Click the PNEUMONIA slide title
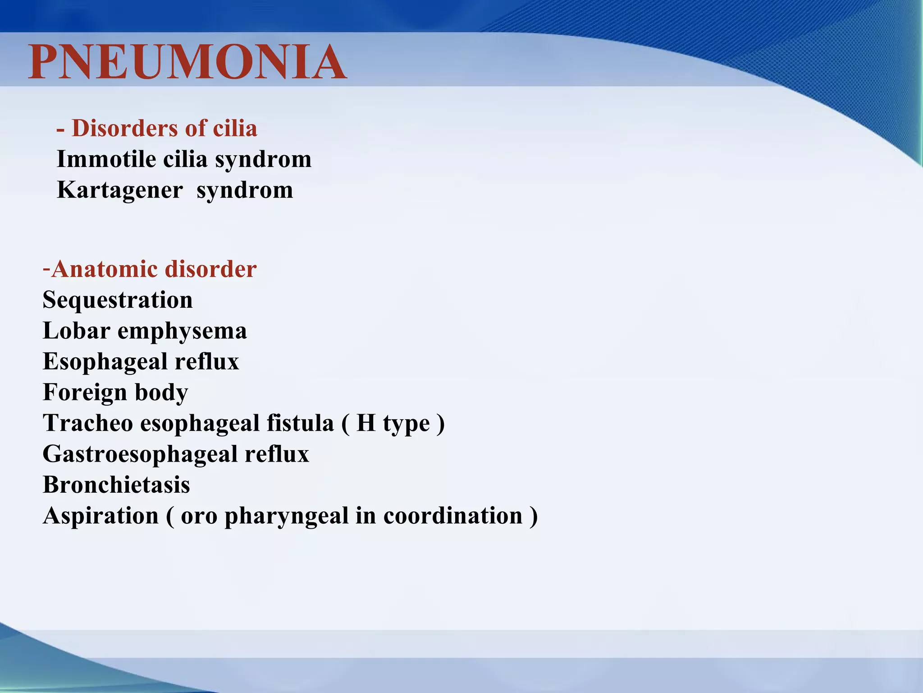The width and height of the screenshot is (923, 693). pos(187,62)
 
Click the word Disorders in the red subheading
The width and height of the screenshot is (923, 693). pos(125,128)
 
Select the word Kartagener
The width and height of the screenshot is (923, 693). pos(120,190)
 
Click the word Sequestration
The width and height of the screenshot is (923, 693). pos(118,300)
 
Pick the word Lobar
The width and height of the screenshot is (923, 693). pos(77,331)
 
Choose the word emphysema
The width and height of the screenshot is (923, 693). pos(182,332)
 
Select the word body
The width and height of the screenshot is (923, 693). pos(161,393)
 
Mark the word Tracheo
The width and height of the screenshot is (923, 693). pos(88,423)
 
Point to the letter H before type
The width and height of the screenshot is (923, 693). pos(366,423)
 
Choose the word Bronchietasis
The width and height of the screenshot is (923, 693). pos(116,485)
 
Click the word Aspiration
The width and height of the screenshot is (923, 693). pos(101,516)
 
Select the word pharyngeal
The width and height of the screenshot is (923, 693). pos(286,517)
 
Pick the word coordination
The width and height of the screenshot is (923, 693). pos(453,516)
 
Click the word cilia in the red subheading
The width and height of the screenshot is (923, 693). pos(235,128)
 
